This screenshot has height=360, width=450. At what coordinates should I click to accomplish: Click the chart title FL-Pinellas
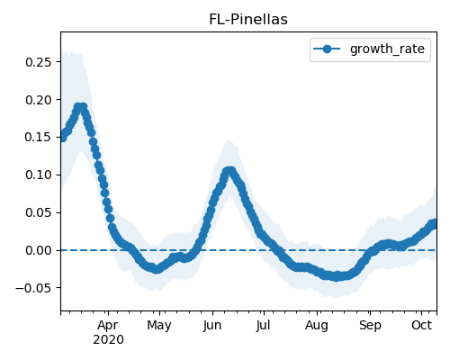[x=248, y=20]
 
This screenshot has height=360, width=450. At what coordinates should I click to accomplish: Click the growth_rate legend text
[x=387, y=49]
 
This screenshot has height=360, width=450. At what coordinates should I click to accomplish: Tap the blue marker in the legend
[x=327, y=49]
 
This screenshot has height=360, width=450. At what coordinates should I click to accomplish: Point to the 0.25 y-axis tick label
[x=39, y=62]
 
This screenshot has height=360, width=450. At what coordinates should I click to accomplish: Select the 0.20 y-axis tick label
[x=39, y=100]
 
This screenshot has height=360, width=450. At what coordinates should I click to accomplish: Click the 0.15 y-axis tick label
[x=39, y=138]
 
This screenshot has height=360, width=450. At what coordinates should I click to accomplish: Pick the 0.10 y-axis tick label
[x=39, y=175]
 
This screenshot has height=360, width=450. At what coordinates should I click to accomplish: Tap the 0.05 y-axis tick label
[x=39, y=212]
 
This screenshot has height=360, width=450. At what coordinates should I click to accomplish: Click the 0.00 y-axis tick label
[x=39, y=250]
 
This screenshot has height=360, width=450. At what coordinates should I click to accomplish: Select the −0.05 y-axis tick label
[x=33, y=288]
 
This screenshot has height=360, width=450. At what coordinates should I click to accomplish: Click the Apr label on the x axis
[x=108, y=326]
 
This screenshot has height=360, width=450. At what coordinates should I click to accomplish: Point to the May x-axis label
[x=159, y=326]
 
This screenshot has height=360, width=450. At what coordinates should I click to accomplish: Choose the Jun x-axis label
[x=212, y=326]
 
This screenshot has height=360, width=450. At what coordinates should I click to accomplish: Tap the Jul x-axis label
[x=263, y=326]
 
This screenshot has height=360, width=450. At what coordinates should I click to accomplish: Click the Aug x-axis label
[x=317, y=326]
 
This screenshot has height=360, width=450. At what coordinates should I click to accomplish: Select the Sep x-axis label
[x=370, y=326]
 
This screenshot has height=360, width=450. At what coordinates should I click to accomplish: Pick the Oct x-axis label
[x=421, y=326]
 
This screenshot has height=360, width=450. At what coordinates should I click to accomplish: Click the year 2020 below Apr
[x=108, y=340]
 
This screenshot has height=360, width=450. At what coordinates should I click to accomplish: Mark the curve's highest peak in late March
[x=80, y=107]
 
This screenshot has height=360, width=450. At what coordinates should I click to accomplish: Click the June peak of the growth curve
[x=229, y=171]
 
